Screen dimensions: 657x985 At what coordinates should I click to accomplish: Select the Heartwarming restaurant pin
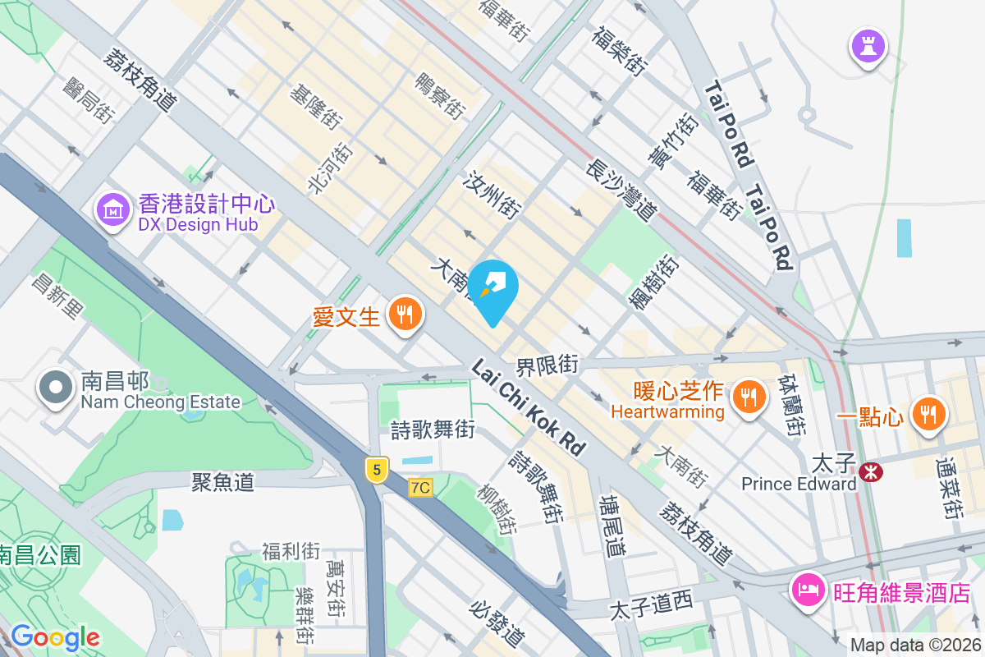tap(747, 398)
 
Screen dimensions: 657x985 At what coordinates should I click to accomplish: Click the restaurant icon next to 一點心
tap(928, 413)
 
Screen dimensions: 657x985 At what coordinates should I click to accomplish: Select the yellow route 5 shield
tap(377, 470)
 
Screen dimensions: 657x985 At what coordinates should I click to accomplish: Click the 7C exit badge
tap(420, 488)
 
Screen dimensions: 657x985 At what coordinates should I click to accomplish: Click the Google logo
tap(55, 637)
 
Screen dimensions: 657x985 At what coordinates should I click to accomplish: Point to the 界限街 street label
tap(547, 364)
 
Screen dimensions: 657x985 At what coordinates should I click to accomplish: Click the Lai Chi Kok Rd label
tap(529, 408)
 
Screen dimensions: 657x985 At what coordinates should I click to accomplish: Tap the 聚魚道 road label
tap(222, 482)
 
